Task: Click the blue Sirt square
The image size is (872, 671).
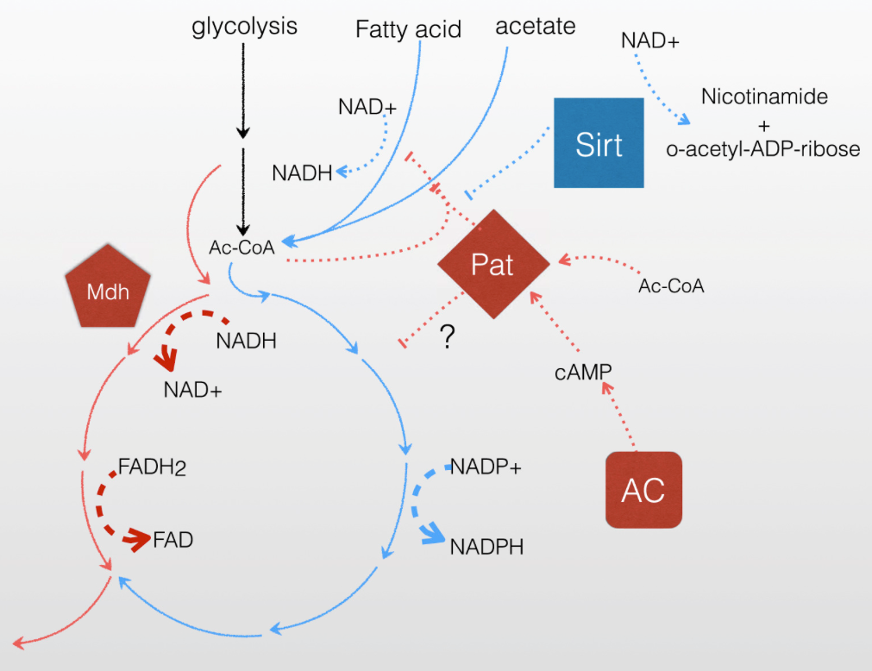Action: (x=599, y=143)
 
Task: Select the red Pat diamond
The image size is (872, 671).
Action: (x=492, y=265)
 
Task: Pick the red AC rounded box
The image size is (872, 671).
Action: (x=643, y=490)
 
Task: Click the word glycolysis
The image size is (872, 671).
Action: (x=244, y=27)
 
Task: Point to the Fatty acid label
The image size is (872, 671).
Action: (x=408, y=30)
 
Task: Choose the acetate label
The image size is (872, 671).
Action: (x=535, y=26)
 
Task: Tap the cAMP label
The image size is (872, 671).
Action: (x=582, y=371)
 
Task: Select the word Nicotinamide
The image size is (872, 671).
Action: (x=764, y=97)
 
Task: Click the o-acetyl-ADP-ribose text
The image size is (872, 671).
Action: (x=763, y=149)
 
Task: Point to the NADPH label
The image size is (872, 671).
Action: (x=486, y=546)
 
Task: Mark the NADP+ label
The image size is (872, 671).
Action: (x=486, y=467)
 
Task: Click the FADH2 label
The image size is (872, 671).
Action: (x=153, y=468)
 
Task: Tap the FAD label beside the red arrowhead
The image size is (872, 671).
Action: (x=173, y=541)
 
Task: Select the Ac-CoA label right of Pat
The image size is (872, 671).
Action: (x=671, y=286)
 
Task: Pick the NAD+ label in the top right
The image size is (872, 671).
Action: (x=650, y=40)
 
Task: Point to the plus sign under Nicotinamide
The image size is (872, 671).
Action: (x=763, y=123)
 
